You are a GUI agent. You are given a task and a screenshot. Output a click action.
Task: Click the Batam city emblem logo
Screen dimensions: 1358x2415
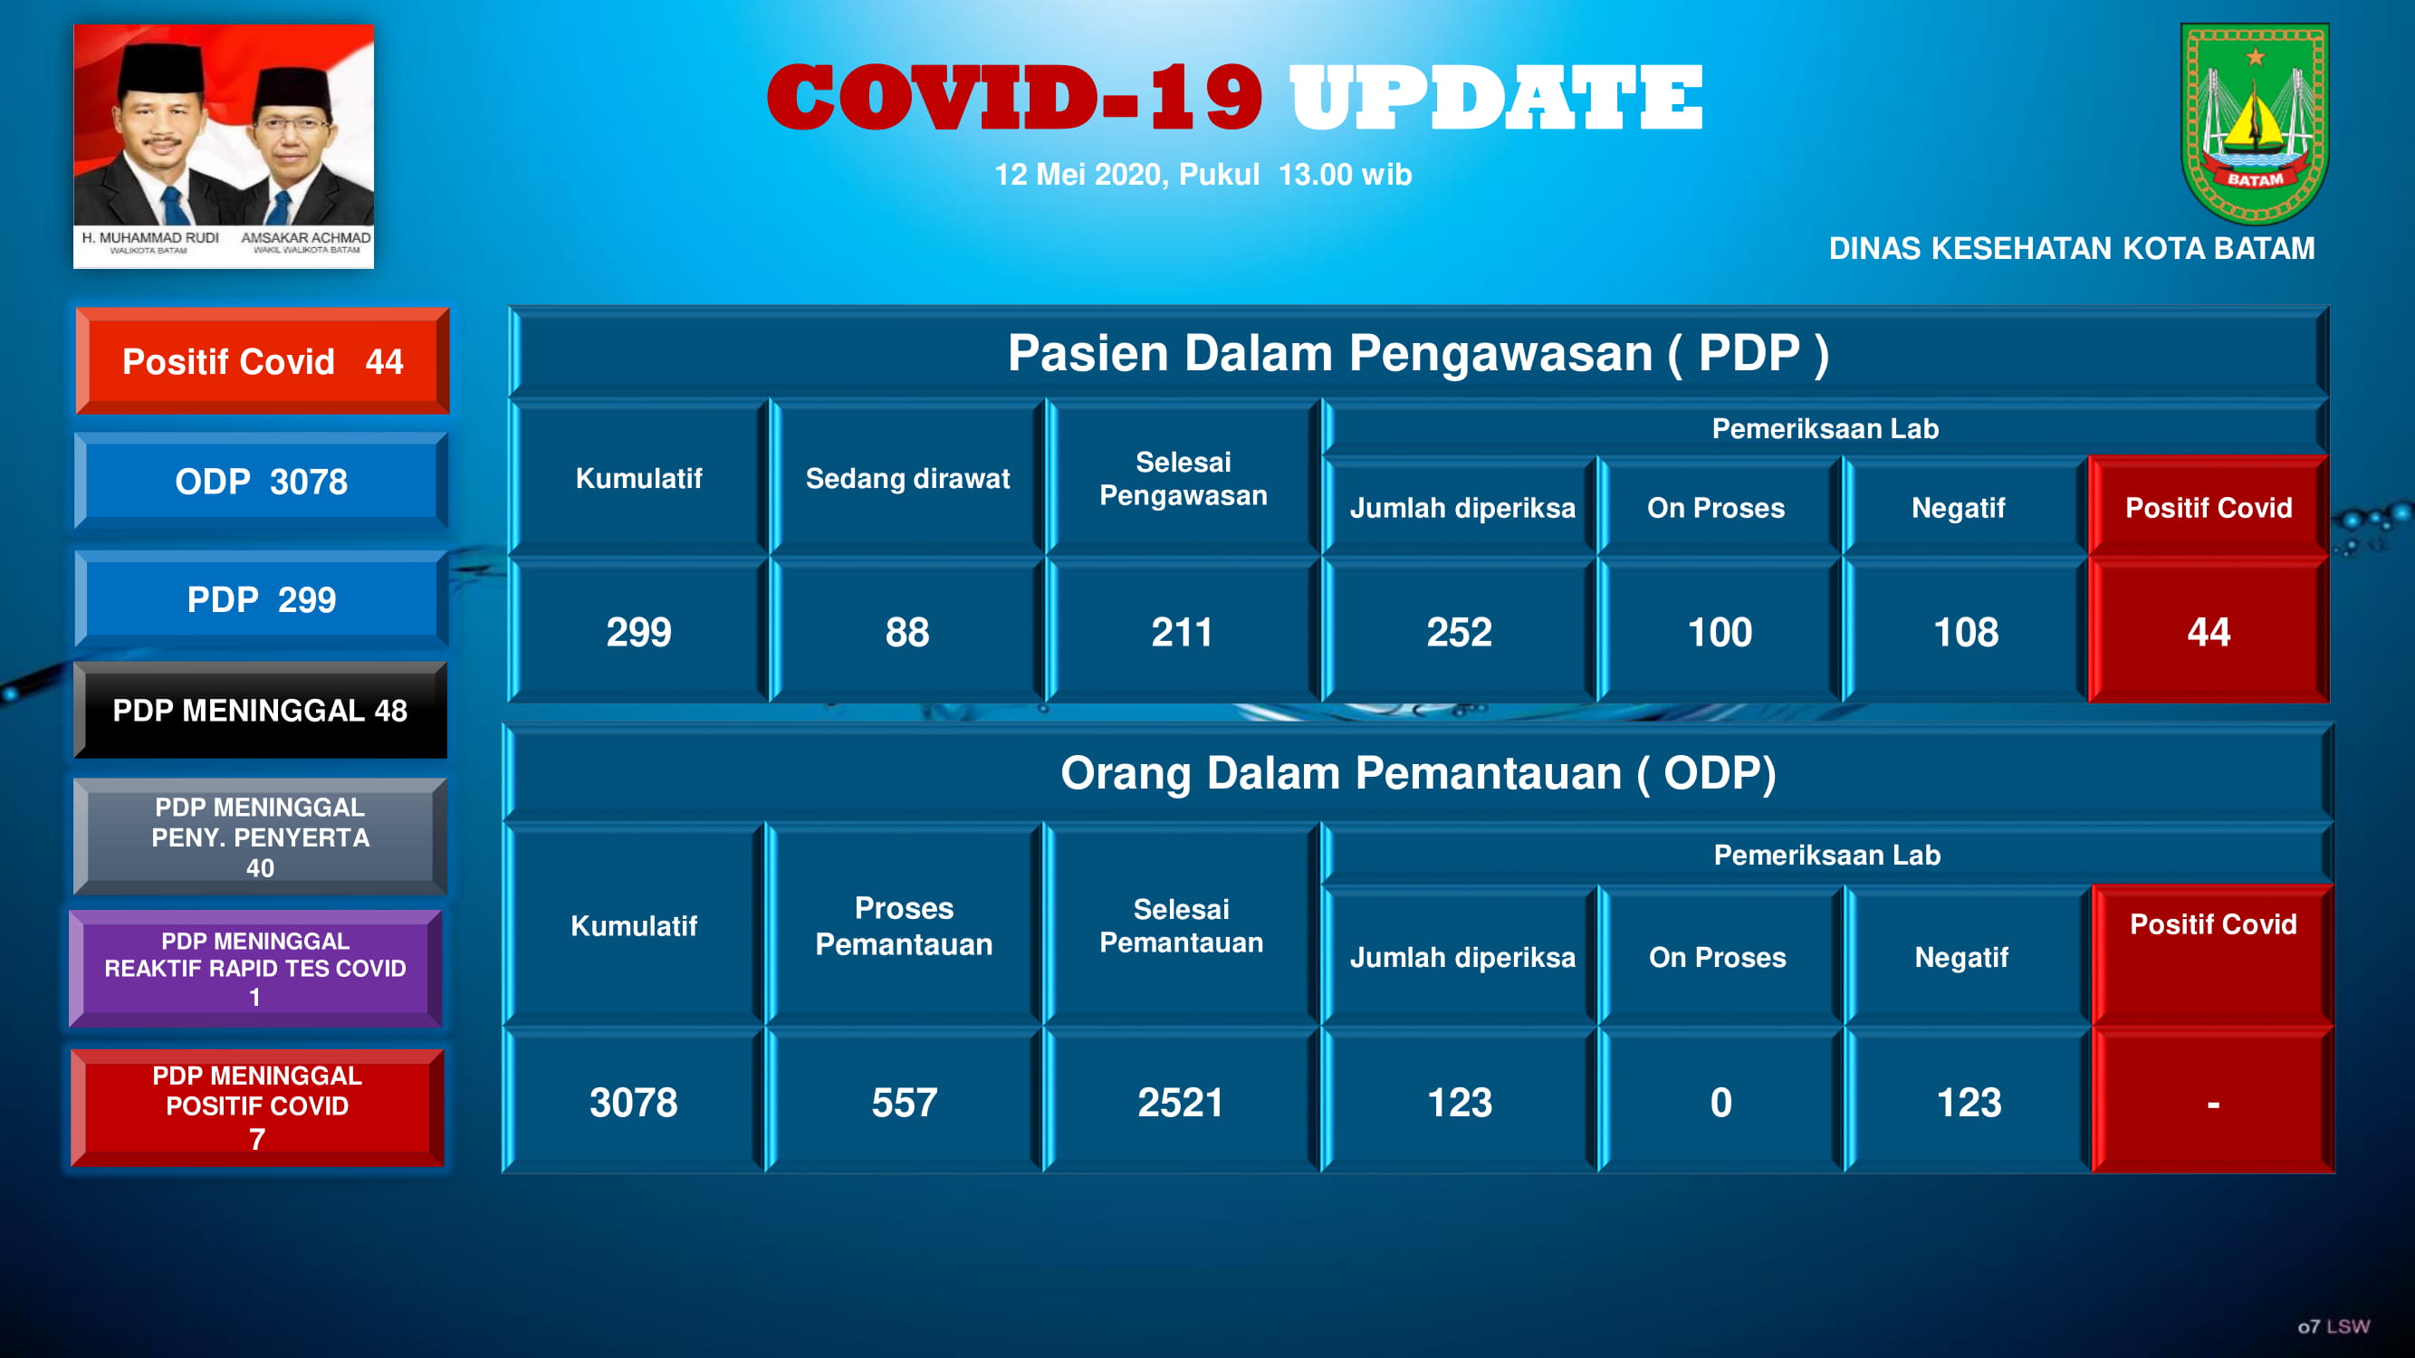2254,123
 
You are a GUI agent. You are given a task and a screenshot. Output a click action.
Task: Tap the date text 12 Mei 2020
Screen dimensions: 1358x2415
1078,175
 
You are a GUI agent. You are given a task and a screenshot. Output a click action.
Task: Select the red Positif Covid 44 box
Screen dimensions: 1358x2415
263,361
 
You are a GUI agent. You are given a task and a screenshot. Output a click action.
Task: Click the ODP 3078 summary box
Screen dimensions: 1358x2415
261,481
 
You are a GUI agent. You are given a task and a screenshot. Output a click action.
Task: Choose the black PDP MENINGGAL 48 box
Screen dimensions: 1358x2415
261,711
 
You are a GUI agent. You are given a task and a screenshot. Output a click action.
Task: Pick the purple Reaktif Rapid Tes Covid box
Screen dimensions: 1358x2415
255,968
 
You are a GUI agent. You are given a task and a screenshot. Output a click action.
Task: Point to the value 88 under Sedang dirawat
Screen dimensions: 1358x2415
906,632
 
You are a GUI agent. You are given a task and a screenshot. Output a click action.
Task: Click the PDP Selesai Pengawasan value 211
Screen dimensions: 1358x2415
1182,632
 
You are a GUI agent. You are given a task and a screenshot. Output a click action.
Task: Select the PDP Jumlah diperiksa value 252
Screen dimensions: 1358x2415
1459,632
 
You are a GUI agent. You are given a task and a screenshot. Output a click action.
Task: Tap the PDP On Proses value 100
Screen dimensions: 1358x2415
1720,632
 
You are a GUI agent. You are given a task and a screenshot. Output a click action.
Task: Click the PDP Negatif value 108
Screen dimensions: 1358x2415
1966,632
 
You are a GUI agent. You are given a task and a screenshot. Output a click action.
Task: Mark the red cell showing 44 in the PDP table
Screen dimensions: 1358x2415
2208,632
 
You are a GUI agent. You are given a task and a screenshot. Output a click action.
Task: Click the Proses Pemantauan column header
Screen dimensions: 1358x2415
904,925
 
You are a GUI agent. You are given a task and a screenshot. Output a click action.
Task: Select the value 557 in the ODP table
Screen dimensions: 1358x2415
904,1102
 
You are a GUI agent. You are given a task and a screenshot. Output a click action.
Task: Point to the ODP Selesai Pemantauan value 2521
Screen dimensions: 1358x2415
1180,1102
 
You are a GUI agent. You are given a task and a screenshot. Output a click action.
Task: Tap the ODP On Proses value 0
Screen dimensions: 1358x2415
1720,1102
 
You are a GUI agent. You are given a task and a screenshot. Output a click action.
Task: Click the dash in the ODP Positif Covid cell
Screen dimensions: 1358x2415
2212,1104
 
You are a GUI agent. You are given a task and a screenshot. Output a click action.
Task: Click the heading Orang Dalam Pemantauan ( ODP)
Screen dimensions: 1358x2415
1417,773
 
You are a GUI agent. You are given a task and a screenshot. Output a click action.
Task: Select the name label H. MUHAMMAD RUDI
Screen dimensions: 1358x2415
150,238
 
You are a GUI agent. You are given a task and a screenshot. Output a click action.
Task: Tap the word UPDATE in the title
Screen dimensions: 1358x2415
1496,99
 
